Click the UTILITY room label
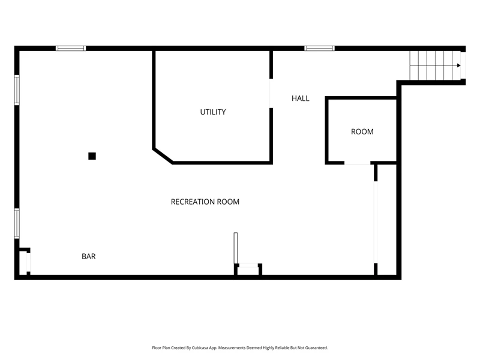pos(213,112)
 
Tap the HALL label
pos(301,98)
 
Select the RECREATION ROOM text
pos(205,202)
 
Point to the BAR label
pos(88,257)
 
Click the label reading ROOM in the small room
pos(362,131)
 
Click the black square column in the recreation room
pos(92,156)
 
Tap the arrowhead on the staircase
pos(458,65)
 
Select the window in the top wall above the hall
pos(319,49)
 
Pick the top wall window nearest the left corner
pos(71,49)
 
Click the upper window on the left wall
pos(17,90)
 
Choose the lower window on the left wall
pos(17,223)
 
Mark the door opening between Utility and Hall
pos(271,94)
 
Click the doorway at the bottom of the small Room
pos(358,163)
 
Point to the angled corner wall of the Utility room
pos(163,156)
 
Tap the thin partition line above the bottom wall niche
pos(235,248)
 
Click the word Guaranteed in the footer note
pos(317,348)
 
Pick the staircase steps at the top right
pos(435,65)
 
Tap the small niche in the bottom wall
pos(248,269)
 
